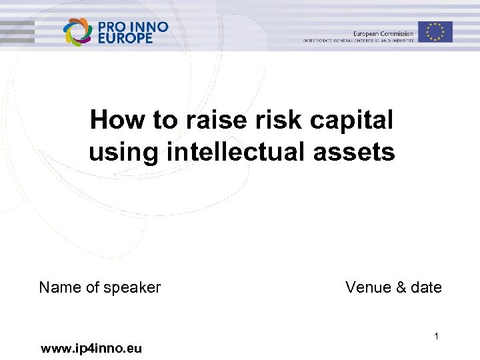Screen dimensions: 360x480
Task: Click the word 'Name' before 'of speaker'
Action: coord(60,287)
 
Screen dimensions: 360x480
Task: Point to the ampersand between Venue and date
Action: coord(400,287)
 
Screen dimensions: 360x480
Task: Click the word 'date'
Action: coord(427,287)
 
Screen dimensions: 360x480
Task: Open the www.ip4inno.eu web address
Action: coord(91,348)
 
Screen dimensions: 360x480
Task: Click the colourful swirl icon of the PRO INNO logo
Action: coord(77,31)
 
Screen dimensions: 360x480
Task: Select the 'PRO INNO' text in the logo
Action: coord(133,26)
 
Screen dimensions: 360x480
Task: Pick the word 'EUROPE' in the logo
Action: coord(125,38)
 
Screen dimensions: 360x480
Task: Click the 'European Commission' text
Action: coord(383,33)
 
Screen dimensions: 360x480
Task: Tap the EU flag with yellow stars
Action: coord(435,32)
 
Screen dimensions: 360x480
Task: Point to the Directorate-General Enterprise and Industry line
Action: coord(359,41)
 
